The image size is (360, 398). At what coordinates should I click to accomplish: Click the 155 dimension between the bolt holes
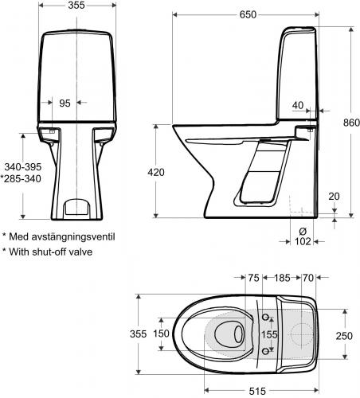coord(272,335)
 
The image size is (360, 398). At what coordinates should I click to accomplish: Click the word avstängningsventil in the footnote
coord(73,236)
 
